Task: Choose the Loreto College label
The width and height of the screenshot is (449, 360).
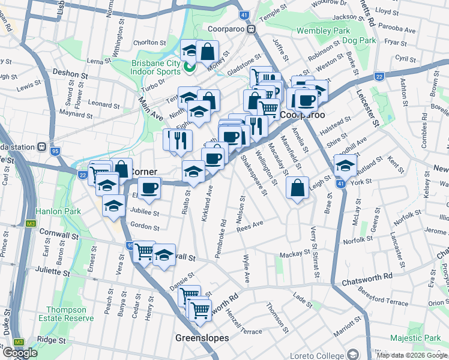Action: click(x=318, y=355)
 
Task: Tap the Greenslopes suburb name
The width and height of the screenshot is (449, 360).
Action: click(x=202, y=338)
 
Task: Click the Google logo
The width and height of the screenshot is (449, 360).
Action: click(x=20, y=353)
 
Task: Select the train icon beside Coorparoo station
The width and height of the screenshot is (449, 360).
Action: click(x=253, y=29)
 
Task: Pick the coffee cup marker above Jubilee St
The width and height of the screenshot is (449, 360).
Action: click(x=149, y=188)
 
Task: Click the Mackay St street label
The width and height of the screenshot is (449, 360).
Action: click(x=294, y=254)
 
